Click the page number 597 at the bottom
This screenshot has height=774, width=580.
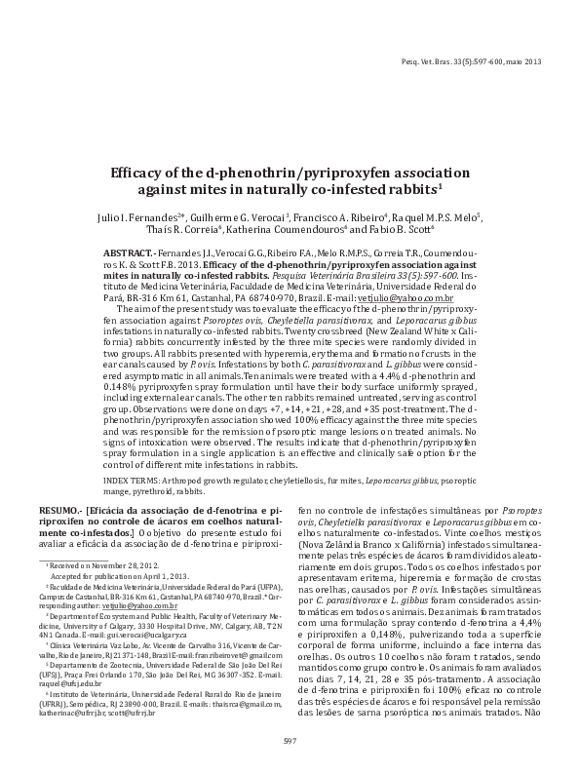[290, 742]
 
